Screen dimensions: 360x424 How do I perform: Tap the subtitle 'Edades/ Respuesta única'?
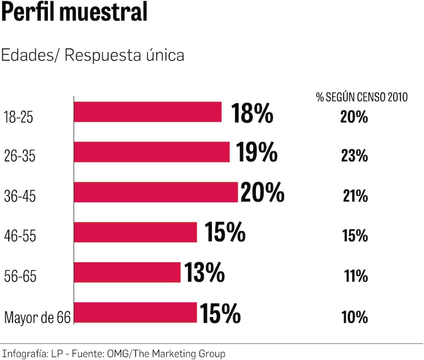click(x=93, y=55)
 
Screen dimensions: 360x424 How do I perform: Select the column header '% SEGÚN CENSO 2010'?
click(x=361, y=97)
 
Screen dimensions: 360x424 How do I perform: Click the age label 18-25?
click(x=18, y=116)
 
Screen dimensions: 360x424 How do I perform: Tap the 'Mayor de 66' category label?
click(x=38, y=317)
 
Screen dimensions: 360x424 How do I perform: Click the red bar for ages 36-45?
click(x=155, y=192)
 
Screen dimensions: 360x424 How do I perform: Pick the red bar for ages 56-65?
click(x=127, y=272)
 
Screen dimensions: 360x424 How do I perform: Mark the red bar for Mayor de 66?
click(x=135, y=313)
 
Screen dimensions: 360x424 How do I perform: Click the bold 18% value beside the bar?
click(x=252, y=113)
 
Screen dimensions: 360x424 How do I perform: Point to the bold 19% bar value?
click(x=257, y=153)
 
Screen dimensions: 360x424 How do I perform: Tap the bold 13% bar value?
click(x=204, y=272)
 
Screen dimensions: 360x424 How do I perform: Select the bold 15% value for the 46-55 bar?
click(x=225, y=233)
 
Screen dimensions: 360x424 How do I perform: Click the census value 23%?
click(x=355, y=156)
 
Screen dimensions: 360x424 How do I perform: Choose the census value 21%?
click(x=355, y=196)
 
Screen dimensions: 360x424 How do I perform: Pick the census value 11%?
click(x=356, y=276)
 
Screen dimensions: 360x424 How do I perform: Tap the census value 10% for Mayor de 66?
click(x=355, y=316)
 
